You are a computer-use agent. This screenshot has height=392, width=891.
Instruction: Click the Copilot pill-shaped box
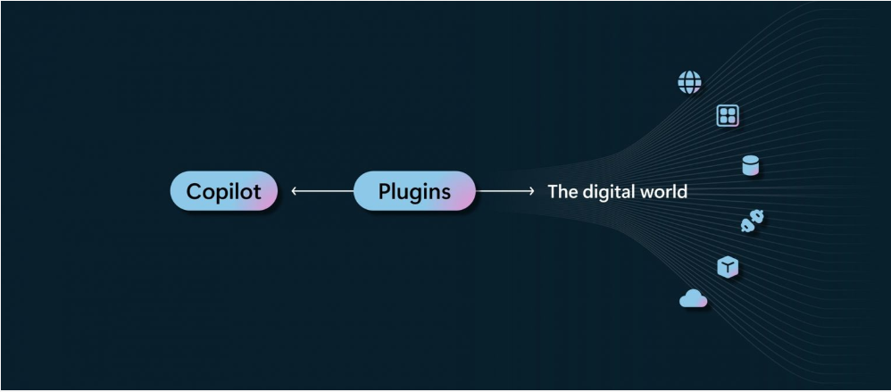(224, 191)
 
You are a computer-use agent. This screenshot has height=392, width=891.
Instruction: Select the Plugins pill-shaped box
(414, 191)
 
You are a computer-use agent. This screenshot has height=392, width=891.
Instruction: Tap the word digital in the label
(608, 192)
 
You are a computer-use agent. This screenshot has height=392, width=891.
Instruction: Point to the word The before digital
(563, 191)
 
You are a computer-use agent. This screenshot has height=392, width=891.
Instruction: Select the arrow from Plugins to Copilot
(322, 191)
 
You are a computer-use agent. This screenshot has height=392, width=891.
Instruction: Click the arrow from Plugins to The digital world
(505, 191)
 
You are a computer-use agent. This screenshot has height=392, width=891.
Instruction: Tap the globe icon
(689, 82)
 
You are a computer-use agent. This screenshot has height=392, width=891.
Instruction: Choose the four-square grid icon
(728, 115)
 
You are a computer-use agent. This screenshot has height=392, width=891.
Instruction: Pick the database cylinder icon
(751, 166)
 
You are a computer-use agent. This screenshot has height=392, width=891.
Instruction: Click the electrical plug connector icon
(753, 221)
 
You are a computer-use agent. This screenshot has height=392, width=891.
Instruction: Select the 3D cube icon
(728, 266)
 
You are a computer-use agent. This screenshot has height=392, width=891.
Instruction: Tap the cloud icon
(694, 298)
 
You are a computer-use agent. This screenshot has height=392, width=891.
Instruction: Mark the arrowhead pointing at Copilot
(294, 191)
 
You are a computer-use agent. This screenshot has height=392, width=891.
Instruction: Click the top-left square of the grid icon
(723, 112)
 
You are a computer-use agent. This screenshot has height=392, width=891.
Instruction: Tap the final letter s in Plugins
(445, 193)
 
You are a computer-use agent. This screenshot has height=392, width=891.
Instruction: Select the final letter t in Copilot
(257, 192)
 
